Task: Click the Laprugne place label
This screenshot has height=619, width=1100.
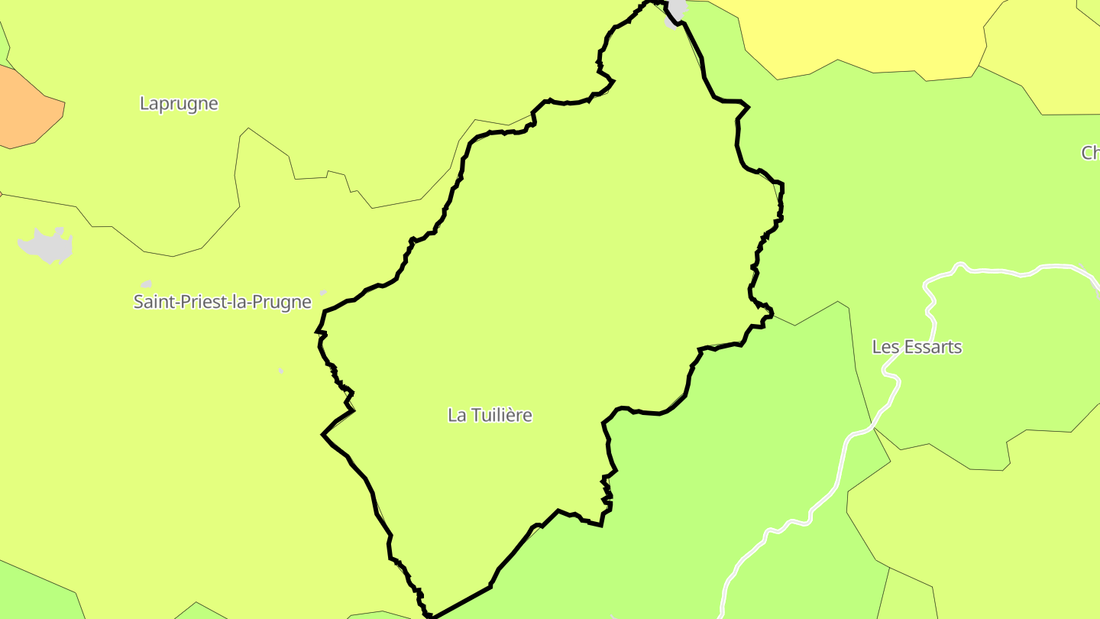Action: click(179, 103)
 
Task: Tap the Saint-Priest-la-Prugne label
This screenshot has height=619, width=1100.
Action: click(222, 302)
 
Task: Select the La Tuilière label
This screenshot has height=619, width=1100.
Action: click(490, 415)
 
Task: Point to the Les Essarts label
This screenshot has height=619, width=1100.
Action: click(917, 347)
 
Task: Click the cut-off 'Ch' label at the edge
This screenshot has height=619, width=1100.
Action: click(1090, 153)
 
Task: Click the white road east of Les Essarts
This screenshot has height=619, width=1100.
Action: click(993, 271)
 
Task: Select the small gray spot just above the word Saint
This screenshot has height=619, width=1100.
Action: click(146, 284)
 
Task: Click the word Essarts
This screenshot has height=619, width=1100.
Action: click(932, 347)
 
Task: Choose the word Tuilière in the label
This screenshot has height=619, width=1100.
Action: click(501, 415)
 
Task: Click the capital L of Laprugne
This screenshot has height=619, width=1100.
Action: click(144, 103)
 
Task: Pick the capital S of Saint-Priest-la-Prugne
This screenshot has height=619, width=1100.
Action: click(139, 302)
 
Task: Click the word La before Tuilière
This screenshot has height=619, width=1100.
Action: click(457, 415)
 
